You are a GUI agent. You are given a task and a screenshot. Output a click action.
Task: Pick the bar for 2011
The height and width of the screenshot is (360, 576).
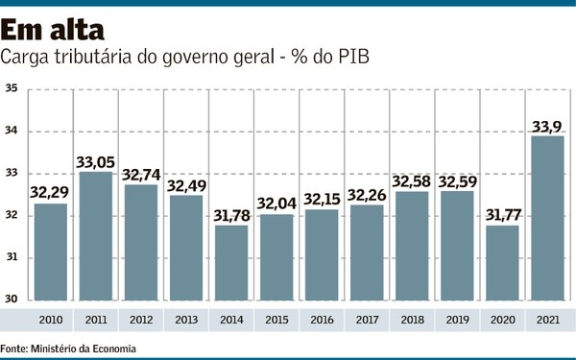(x=95, y=235)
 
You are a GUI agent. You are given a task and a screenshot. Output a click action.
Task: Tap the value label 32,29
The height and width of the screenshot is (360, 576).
(x=50, y=190)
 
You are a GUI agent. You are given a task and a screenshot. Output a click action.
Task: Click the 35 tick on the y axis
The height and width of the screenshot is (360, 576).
(x=12, y=89)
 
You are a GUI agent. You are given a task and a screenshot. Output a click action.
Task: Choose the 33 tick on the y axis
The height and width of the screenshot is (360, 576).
(x=12, y=174)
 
